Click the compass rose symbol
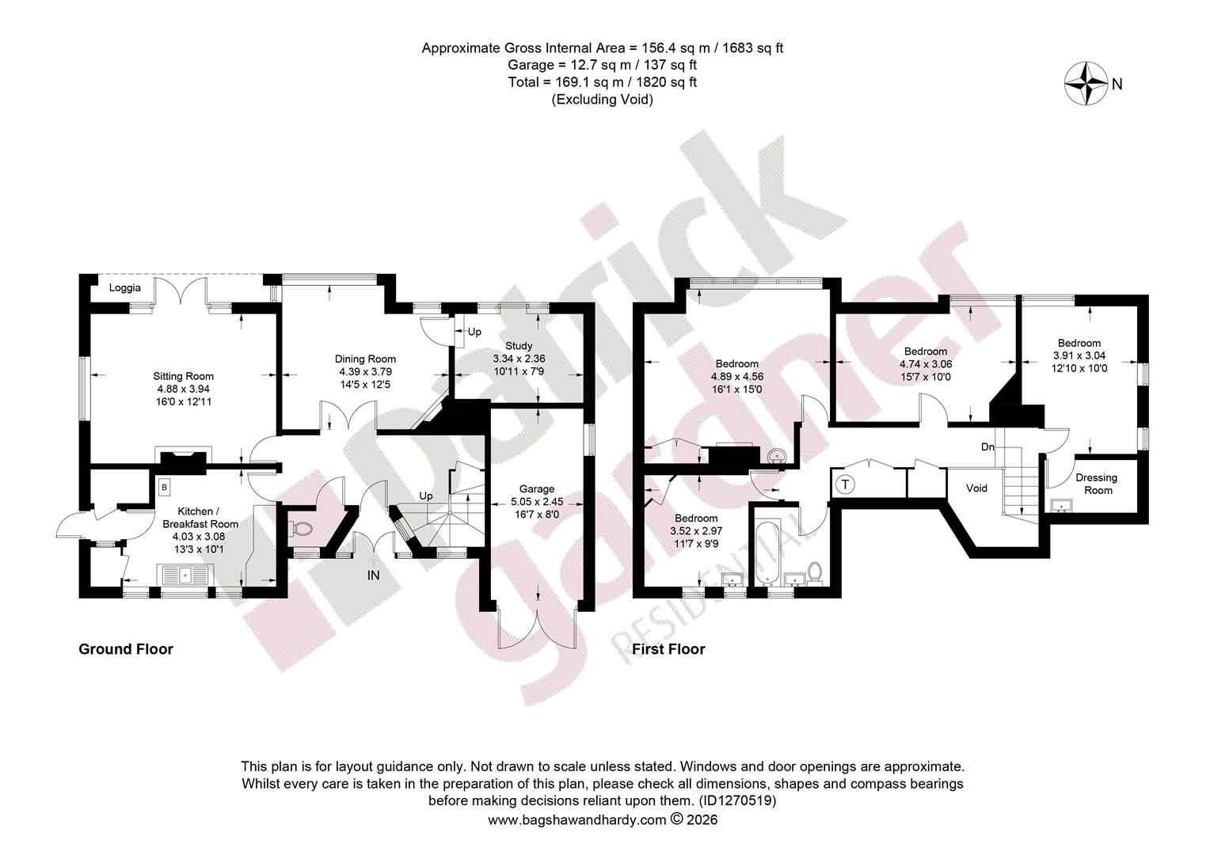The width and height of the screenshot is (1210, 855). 1086,84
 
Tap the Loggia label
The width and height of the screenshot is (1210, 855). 125,288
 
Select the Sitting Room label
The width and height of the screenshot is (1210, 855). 183,377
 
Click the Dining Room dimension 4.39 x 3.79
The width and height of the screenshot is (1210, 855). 365,371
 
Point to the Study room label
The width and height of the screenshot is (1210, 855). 519,346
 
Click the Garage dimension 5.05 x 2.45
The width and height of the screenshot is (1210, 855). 537,502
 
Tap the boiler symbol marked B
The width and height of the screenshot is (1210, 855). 164,487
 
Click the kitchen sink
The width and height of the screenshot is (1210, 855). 185,575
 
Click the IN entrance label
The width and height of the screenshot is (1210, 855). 373,576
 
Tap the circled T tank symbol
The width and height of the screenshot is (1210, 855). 846,484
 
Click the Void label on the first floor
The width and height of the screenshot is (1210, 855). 976,488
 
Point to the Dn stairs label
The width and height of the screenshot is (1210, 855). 987,447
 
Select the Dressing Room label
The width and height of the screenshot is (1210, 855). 1097,484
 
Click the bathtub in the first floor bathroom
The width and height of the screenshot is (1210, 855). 766,553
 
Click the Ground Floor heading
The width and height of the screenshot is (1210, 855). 126,649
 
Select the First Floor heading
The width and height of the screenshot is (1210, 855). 668,649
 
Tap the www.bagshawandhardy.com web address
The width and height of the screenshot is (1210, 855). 577,820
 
